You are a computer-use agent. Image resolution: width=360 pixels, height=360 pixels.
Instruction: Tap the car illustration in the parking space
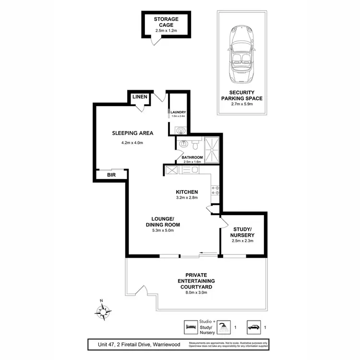click(242, 55)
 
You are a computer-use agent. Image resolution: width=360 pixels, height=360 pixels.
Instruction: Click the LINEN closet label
click(140, 97)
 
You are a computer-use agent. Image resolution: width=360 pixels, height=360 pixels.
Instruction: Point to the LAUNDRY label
click(179, 113)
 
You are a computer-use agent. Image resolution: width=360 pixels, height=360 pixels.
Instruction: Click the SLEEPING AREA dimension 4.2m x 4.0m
click(126, 143)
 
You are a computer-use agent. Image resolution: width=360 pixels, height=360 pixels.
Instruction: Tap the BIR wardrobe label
click(111, 176)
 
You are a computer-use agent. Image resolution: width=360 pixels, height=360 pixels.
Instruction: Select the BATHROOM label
click(192, 157)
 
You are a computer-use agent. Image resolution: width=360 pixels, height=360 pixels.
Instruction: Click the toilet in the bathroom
click(196, 143)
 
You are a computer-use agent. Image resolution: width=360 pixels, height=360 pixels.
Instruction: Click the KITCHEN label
click(186, 192)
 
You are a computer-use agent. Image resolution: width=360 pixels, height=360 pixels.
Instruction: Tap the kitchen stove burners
click(216, 190)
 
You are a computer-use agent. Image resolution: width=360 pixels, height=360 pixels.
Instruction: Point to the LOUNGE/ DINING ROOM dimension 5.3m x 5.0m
click(163, 230)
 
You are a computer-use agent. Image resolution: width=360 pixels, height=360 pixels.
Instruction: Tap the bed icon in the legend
click(191, 327)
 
